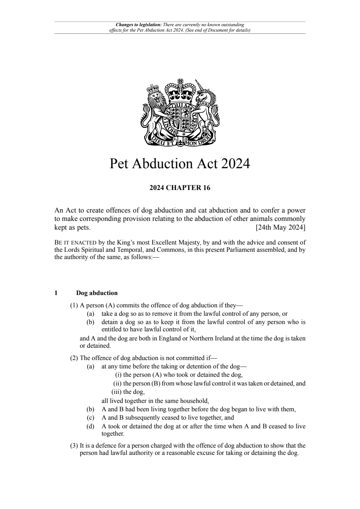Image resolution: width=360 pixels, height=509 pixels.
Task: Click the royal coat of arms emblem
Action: coord(180,113)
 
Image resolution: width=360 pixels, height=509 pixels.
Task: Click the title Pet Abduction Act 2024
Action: coord(180,164)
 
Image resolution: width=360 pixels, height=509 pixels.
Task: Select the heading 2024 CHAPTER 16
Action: coord(180,188)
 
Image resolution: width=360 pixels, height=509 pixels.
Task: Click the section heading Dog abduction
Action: coord(97,293)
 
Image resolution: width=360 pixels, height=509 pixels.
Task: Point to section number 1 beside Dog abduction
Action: coord(56,293)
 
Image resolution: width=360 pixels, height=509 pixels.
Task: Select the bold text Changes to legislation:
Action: coord(139,25)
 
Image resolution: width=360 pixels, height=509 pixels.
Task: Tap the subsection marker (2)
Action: coord(74,357)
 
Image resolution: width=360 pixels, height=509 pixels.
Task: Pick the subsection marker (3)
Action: coord(74,445)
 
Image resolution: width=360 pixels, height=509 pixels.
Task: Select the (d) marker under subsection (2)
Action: coord(90,426)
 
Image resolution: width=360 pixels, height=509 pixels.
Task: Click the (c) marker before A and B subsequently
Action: coord(90,417)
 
